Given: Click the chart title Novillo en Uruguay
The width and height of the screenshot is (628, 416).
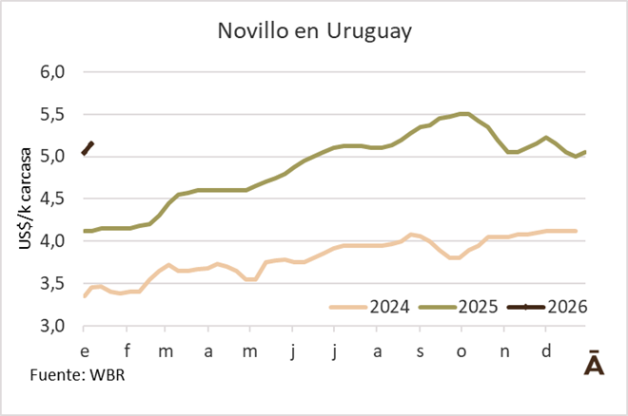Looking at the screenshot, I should click(314, 31).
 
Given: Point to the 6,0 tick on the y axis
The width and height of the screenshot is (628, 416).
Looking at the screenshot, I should click(51, 72).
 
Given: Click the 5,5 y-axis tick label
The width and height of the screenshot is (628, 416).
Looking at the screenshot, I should click(51, 114).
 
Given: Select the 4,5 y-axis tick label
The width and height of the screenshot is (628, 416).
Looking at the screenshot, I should click(51, 199).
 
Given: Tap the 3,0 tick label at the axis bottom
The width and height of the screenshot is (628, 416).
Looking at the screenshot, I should click(51, 326).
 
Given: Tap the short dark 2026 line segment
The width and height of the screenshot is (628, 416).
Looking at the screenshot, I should click(88, 147).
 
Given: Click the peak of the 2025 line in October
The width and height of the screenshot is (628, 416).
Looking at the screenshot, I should click(463, 114).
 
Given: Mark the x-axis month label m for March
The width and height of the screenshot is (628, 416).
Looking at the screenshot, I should click(166, 351).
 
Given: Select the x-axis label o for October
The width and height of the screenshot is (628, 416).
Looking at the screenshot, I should click(461, 351).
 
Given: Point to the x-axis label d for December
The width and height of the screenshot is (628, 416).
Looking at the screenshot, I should click(545, 351).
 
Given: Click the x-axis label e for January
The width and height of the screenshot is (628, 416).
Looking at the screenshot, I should click(85, 351).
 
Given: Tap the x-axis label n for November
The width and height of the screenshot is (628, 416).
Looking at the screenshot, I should click(503, 351).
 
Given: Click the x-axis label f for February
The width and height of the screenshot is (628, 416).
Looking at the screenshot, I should click(127, 351).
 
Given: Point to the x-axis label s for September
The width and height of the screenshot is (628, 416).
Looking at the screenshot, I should click(420, 351).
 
